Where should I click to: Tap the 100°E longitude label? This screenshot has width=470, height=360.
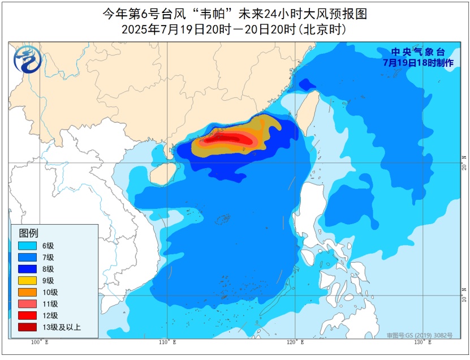point(39,342)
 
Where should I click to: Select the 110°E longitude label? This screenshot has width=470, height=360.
point(167,342)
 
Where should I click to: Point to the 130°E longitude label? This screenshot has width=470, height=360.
point(422,342)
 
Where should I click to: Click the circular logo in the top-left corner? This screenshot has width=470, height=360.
point(24,59)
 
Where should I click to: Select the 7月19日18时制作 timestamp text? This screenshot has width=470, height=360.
point(418,63)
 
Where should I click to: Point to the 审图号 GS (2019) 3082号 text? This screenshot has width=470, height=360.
point(420,335)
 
